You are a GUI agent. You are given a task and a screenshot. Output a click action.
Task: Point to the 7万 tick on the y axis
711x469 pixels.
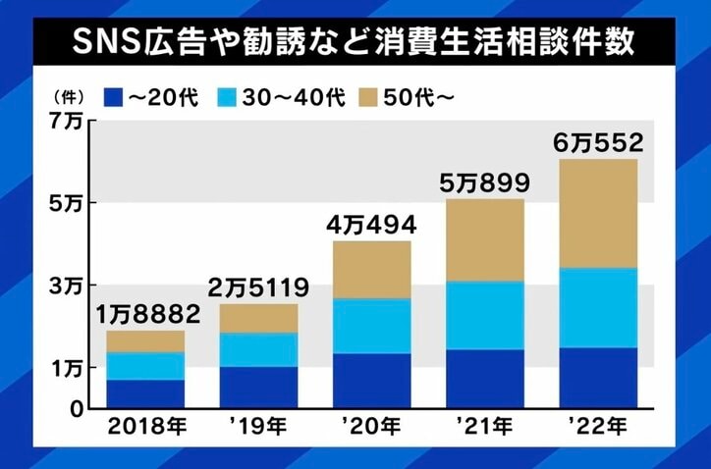pyautogui.click(x=70, y=122)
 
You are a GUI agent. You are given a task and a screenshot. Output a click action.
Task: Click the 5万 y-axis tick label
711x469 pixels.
pyautogui.click(x=70, y=203)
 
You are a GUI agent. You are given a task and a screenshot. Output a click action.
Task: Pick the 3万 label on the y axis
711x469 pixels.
pyautogui.click(x=70, y=286)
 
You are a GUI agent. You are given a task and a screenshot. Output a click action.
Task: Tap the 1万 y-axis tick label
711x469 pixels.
pyautogui.click(x=70, y=368)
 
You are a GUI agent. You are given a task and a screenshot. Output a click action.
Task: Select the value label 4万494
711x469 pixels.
pyautogui.click(x=372, y=225)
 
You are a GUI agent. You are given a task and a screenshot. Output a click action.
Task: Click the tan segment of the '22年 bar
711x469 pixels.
pyautogui.click(x=599, y=213)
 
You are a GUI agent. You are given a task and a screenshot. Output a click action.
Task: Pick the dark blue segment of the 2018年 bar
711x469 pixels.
pyautogui.click(x=145, y=393)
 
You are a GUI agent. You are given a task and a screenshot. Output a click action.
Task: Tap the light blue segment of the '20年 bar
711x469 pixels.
pyautogui.click(x=372, y=326)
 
